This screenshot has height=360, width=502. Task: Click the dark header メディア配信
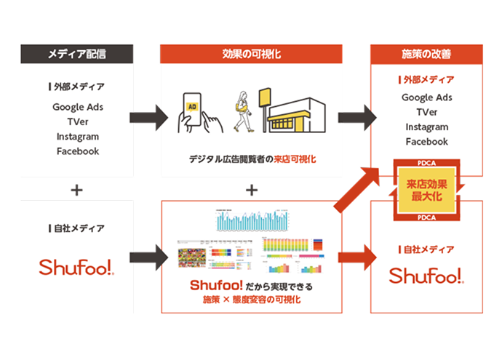coord(77,54)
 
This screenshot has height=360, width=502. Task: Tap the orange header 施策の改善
coord(426,54)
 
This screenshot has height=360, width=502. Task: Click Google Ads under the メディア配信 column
coord(77,107)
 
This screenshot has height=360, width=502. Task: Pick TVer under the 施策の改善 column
coord(426,113)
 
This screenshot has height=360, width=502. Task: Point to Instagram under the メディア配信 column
coord(77,137)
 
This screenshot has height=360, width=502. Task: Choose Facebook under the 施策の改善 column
coord(426,142)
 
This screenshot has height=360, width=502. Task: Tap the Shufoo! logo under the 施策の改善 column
coord(426,276)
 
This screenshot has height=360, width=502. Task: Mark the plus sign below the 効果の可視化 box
coord(252,190)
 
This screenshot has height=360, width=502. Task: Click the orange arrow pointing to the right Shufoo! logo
coord(356,257)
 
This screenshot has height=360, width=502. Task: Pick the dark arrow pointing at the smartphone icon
coord(148,116)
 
